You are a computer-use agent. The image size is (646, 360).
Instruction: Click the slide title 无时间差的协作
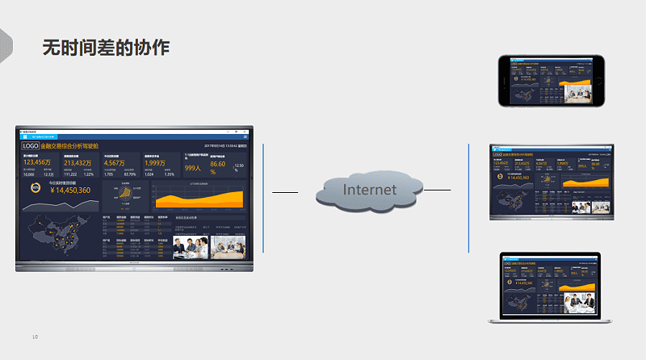[106, 47]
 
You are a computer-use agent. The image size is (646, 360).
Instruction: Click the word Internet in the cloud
[371, 190]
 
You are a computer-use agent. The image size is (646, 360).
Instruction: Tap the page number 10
[35, 337]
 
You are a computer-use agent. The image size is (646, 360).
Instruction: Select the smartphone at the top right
[552, 81]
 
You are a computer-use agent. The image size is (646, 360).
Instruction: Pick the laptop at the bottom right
[545, 288]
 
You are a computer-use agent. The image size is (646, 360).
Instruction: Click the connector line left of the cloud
[285, 193]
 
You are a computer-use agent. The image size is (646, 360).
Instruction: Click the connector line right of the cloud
[437, 190]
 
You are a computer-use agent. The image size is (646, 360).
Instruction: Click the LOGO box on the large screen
[31, 146]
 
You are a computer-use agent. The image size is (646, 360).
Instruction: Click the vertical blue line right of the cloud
[468, 198]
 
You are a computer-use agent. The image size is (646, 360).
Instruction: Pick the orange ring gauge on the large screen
[36, 188]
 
